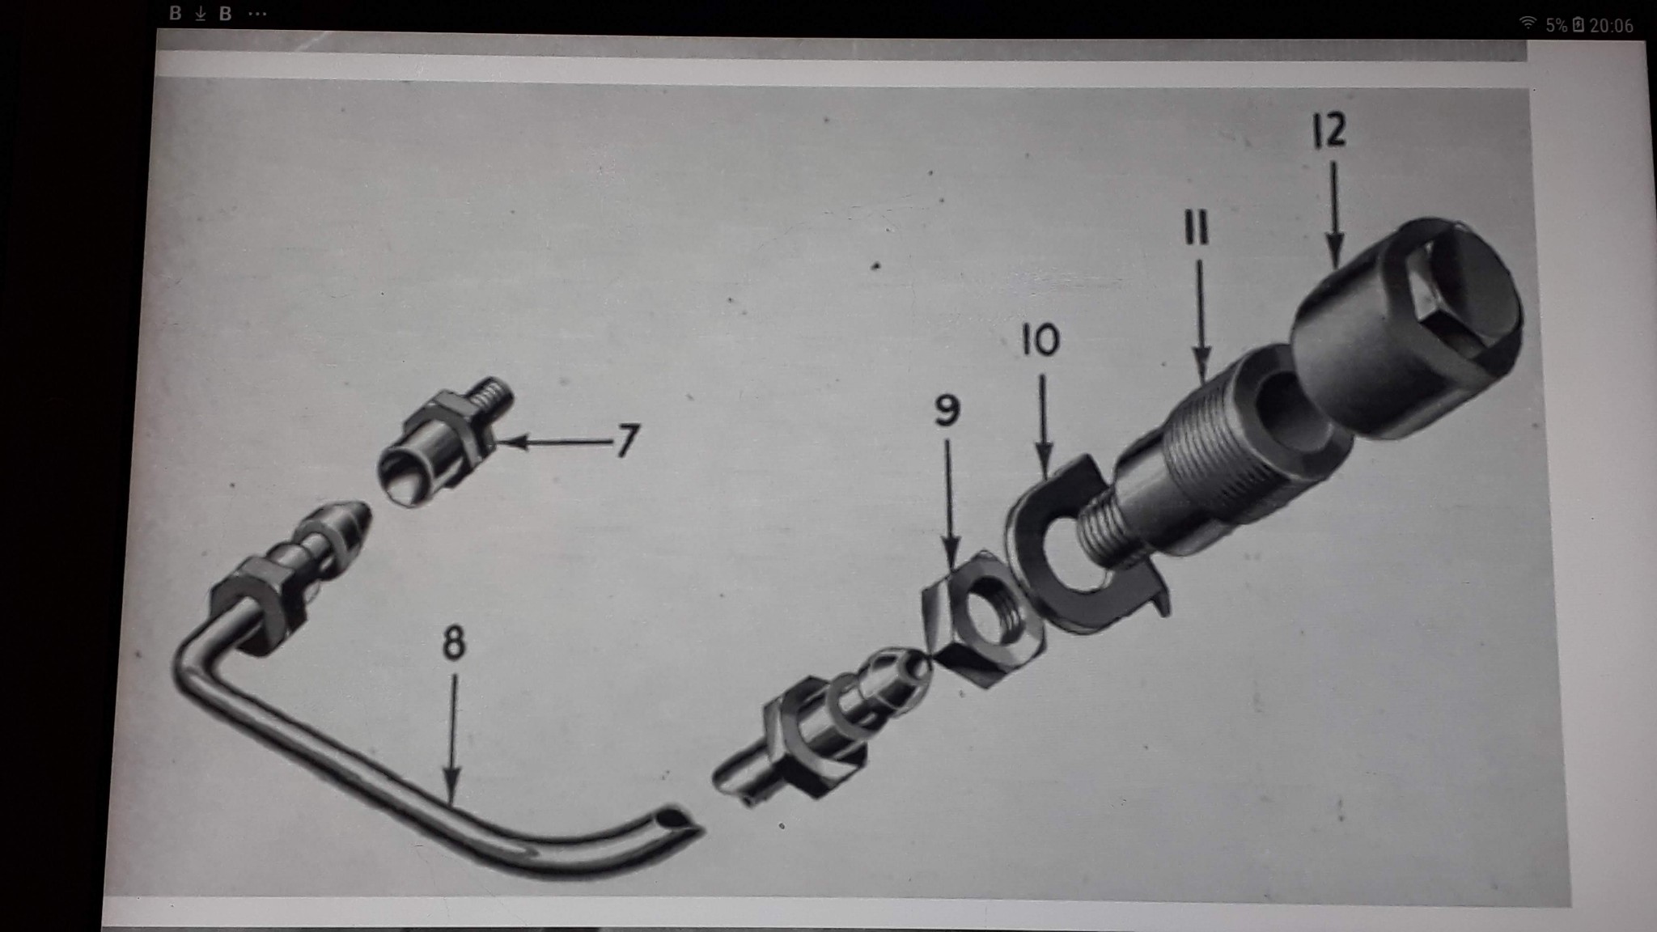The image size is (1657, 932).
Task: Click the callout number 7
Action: [627, 442]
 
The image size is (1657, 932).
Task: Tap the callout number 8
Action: [454, 644]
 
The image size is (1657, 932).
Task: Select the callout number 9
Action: [947, 410]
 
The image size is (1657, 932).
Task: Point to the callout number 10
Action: [1040, 340]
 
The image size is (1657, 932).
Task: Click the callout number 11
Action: [1196, 228]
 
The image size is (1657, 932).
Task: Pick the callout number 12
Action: [1329, 129]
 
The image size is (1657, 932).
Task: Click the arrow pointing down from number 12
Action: [1334, 214]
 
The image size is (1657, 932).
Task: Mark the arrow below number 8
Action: [452, 740]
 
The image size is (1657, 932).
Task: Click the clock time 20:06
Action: [1611, 25]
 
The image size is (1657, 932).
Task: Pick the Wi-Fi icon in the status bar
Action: [1528, 23]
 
